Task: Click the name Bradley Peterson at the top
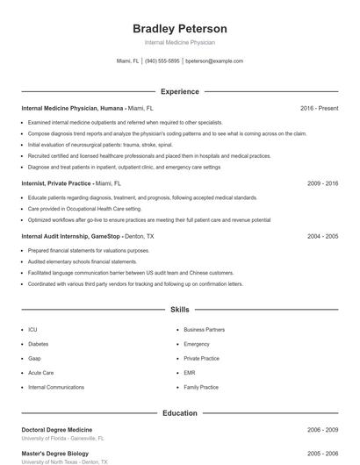point(179,28)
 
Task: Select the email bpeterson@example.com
point(214,61)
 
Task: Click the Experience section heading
point(179,91)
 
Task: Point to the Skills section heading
point(179,310)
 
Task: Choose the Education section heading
point(179,412)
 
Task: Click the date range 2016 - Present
point(319,108)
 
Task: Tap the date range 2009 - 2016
point(322,183)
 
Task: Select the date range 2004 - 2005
point(322,236)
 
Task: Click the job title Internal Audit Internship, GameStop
point(70,236)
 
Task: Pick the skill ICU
point(32,330)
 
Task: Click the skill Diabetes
point(39,344)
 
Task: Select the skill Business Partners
point(204,330)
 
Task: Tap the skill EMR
point(191,373)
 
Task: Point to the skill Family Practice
point(201,387)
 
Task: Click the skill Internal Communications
point(57,387)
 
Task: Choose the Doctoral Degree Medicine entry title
point(56,430)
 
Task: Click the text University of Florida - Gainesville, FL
point(62,438)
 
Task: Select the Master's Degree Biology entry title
point(54,454)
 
